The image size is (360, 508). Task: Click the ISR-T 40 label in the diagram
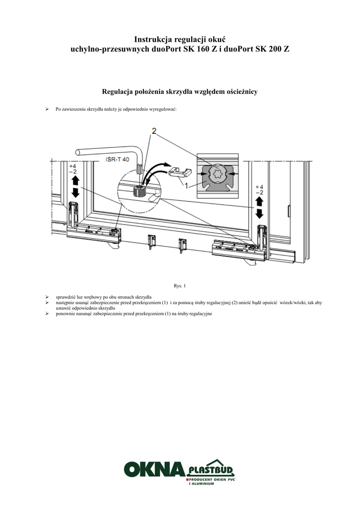click(118, 160)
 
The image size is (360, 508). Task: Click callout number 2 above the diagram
click(154, 131)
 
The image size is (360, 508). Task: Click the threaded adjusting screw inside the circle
click(140, 191)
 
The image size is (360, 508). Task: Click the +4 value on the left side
click(73, 166)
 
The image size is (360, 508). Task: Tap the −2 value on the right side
click(259, 192)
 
